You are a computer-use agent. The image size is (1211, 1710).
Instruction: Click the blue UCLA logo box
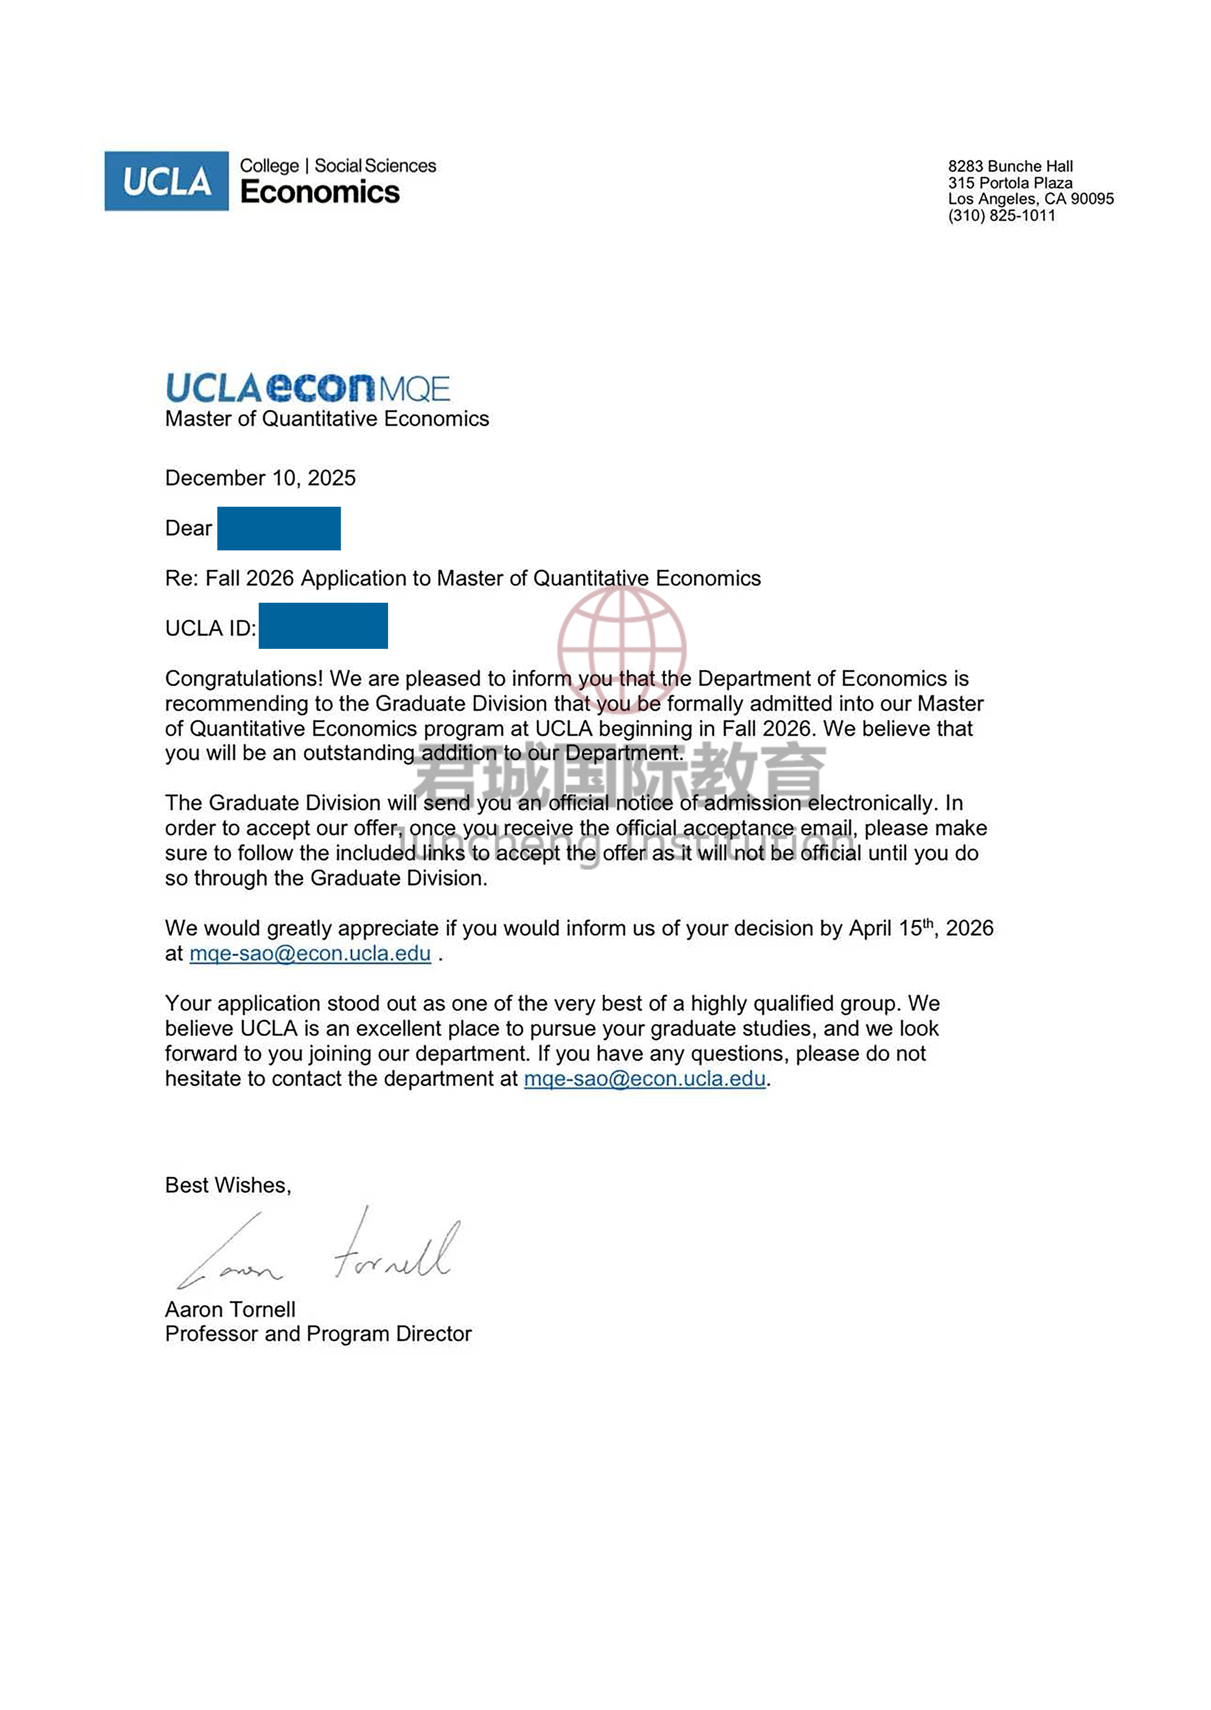pos(166,181)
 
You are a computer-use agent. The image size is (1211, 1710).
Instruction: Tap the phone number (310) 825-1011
pos(1001,216)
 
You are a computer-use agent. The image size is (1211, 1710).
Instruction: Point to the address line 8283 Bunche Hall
pos(1010,166)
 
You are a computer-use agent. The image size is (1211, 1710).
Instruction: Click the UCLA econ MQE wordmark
pos(307,388)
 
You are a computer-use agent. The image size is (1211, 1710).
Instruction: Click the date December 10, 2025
pos(260,478)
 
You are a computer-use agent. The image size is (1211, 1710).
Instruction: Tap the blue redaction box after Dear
pos(279,528)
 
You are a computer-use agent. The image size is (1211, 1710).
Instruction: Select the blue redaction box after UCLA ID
pos(323,626)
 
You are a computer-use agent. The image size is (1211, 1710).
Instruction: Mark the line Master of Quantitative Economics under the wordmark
pos(327,419)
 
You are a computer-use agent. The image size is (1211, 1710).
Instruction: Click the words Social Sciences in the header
pos(375,166)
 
